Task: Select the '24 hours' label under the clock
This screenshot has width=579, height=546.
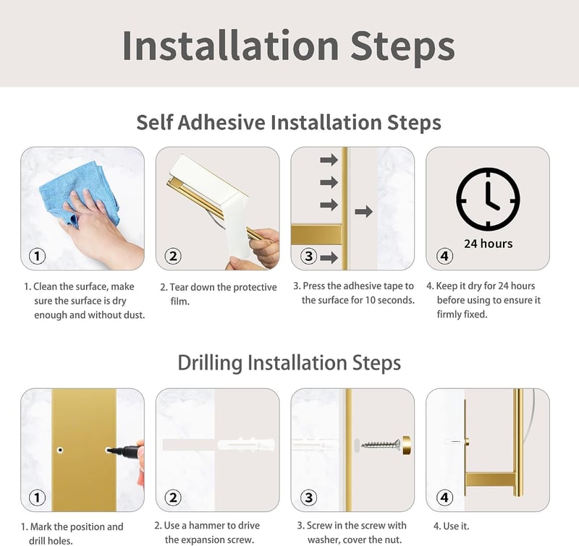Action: [x=488, y=244]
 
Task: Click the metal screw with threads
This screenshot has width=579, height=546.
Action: [x=381, y=444]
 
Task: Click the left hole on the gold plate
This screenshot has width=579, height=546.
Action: [x=60, y=450]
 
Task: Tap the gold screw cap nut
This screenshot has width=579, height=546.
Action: [x=406, y=445]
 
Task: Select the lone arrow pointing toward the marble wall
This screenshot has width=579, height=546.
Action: [x=363, y=211]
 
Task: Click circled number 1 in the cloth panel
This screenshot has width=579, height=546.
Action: [x=37, y=256]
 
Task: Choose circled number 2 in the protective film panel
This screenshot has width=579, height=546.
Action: [x=173, y=256]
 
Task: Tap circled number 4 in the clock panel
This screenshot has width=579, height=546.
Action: [x=444, y=256]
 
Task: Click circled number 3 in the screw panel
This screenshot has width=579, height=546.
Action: [x=309, y=498]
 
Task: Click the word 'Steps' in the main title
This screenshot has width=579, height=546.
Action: [x=402, y=46]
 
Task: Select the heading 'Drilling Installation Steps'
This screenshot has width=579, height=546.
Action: [x=289, y=362]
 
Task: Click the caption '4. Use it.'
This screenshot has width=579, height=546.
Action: [x=451, y=526]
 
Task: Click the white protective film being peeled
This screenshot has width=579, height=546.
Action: [x=221, y=195]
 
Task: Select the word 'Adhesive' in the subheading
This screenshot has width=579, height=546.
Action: [x=221, y=122]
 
